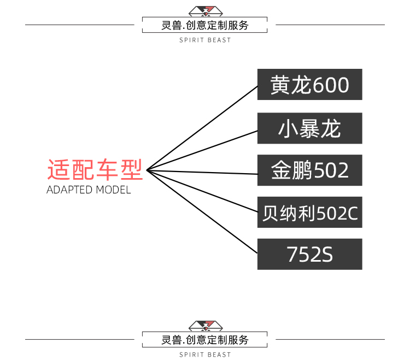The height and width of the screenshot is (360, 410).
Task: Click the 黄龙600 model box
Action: click(x=309, y=85)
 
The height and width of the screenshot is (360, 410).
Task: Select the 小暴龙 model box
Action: click(x=309, y=128)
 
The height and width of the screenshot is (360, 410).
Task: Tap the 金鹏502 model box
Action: click(x=309, y=170)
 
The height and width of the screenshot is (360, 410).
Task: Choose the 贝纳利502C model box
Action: click(x=309, y=213)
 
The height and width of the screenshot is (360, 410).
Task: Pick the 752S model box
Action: click(x=309, y=254)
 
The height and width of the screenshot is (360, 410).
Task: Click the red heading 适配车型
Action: click(x=95, y=170)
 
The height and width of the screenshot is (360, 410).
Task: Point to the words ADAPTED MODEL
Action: click(x=89, y=191)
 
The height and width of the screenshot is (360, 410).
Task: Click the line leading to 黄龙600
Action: click(x=202, y=128)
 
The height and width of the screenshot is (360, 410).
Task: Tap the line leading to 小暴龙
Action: click(x=202, y=150)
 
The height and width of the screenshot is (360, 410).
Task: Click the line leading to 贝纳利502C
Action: click(x=202, y=191)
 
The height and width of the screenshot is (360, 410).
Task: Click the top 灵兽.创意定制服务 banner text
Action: click(x=205, y=25)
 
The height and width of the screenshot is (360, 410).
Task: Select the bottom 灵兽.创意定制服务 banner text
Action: click(x=205, y=340)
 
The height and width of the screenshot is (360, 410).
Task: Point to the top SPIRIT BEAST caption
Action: click(x=205, y=40)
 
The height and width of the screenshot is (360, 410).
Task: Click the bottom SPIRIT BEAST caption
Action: click(x=205, y=355)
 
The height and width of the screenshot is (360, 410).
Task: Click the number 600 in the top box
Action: click(x=330, y=85)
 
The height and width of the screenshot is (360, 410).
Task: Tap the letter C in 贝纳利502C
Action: click(x=352, y=213)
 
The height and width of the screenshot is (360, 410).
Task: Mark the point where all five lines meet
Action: click(x=147, y=170)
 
